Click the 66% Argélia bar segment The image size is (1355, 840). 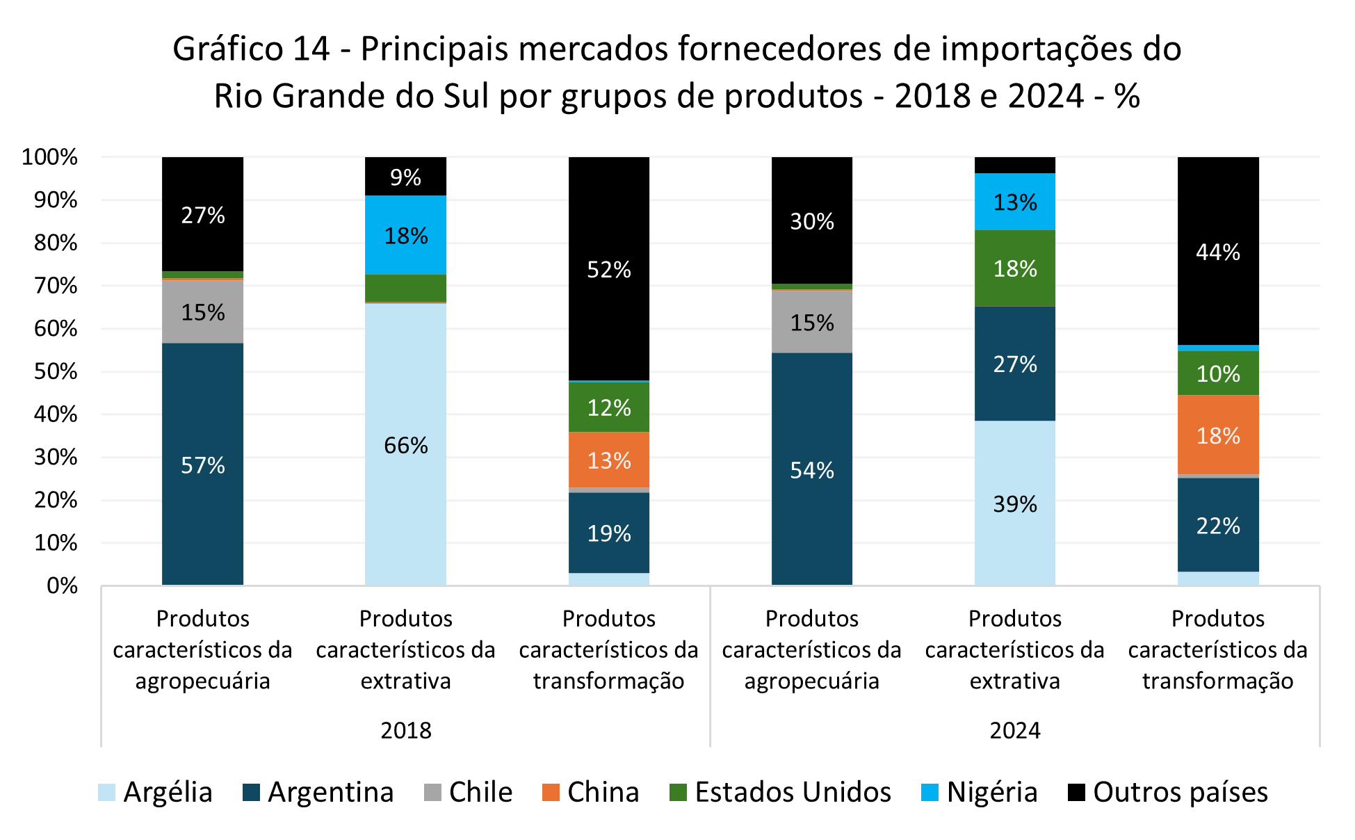(x=405, y=444)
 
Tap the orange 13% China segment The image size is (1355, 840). (x=608, y=460)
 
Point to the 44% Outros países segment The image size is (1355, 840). (x=1217, y=251)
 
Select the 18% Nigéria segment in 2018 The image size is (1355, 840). (x=405, y=235)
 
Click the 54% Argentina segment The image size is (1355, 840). (x=811, y=469)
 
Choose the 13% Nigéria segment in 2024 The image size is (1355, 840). (x=1014, y=202)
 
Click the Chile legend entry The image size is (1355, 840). (x=469, y=792)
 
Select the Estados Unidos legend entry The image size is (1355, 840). (x=780, y=792)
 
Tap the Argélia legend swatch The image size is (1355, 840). (x=106, y=792)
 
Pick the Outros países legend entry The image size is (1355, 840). (x=1168, y=792)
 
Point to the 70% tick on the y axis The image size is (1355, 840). (x=56, y=286)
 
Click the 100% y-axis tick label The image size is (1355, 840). (x=50, y=157)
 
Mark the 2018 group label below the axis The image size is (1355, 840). (x=406, y=730)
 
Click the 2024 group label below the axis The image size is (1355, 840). (x=1015, y=730)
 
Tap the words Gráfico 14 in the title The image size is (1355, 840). (x=251, y=49)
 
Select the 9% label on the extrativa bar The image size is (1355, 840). (x=405, y=177)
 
